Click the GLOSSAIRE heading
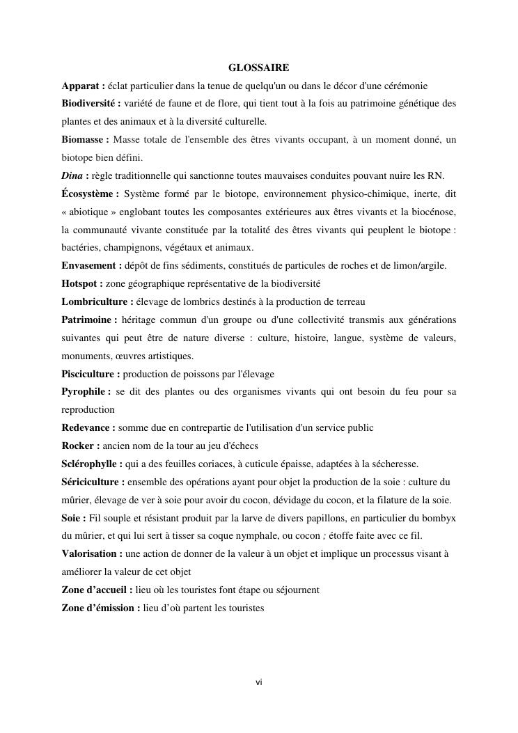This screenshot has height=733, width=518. coord(258,68)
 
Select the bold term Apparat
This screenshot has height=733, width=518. coord(81,86)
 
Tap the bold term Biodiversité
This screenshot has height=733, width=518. coord(89,104)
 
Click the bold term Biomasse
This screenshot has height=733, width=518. coord(83,140)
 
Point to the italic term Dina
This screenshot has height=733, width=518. coord(72,175)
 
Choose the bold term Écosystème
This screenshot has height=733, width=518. coord(88,194)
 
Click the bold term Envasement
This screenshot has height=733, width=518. coord(90,266)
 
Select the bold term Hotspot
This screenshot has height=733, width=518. coord(80,284)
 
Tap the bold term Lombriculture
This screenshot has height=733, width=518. coord(95,302)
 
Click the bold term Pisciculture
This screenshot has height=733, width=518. coord(89,374)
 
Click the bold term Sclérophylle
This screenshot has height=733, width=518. coord(91,464)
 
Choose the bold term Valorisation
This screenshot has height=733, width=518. coord(90,554)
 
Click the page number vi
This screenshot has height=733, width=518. coord(258,682)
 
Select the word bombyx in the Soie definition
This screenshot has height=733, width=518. coord(442,518)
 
